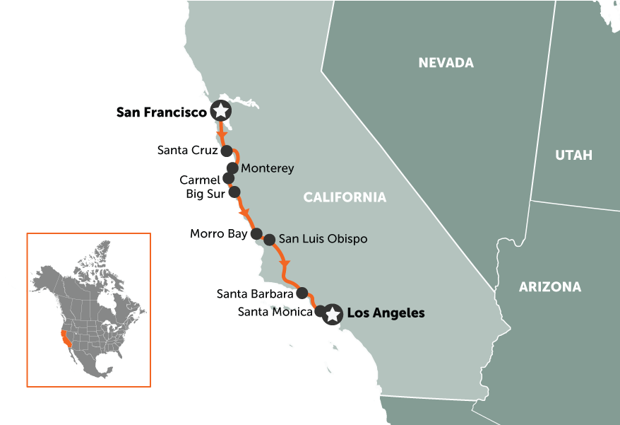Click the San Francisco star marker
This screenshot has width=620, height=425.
click(x=221, y=111)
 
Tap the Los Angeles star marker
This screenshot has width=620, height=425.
click(x=332, y=313)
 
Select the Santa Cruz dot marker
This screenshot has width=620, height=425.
click(x=227, y=151)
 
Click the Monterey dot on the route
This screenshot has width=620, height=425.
click(x=232, y=168)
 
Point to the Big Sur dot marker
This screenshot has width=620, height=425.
click(x=234, y=192)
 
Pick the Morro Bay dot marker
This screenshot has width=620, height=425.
click(x=257, y=233)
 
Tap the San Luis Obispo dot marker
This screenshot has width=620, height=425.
click(x=269, y=240)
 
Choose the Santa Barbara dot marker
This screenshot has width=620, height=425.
click(x=302, y=292)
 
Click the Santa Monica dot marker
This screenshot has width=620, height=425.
click(x=320, y=310)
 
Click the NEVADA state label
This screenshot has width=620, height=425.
click(x=446, y=63)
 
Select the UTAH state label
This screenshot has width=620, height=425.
click(x=573, y=155)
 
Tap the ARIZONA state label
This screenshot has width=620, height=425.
click(x=550, y=287)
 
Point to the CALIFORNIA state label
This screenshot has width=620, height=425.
click(x=345, y=197)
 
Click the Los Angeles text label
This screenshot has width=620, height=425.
click(x=386, y=313)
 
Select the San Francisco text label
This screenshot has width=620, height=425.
click(x=162, y=112)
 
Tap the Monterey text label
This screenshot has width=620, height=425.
click(x=267, y=169)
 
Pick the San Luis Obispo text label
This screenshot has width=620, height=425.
click(x=323, y=239)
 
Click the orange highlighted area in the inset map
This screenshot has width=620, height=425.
click(x=66, y=339)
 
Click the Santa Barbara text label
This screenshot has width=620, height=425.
click(x=255, y=293)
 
